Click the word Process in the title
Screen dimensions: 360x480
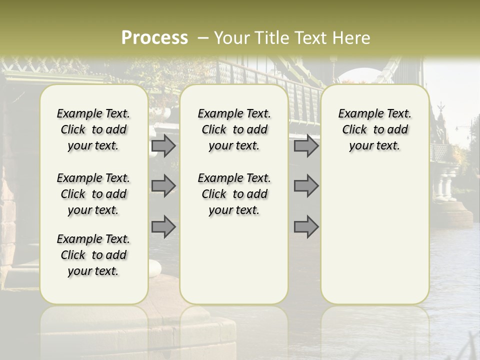click(154, 38)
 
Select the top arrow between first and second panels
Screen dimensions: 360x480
click(163, 146)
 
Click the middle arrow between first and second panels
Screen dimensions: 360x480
click(163, 186)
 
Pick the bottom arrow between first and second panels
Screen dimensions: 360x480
click(163, 226)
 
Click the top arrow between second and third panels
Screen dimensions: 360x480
click(306, 146)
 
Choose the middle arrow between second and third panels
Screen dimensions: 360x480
click(306, 186)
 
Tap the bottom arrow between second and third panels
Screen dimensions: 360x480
click(306, 226)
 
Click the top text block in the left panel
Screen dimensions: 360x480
click(93, 129)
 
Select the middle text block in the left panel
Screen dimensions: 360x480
click(93, 194)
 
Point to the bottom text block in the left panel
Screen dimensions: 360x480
click(93, 255)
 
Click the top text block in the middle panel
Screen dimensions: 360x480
click(234, 129)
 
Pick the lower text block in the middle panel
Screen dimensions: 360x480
click(234, 194)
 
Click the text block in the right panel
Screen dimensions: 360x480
click(374, 129)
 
